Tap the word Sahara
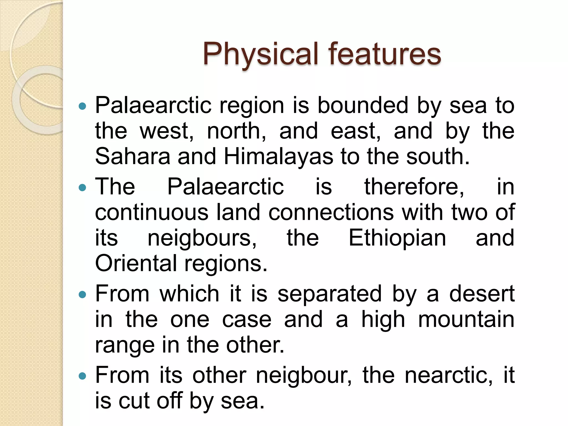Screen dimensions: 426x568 [x=133, y=156]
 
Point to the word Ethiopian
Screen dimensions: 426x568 [x=397, y=238]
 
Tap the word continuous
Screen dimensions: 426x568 [x=151, y=212]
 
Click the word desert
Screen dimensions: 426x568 [x=482, y=294]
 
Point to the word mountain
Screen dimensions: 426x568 [x=466, y=319]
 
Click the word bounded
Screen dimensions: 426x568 [x=363, y=105]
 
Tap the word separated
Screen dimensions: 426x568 [x=329, y=294]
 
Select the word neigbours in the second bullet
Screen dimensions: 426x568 [x=202, y=238]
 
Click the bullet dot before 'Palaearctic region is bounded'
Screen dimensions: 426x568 [x=83, y=106]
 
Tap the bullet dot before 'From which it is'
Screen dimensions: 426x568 [x=83, y=295]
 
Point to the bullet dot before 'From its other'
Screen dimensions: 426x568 [x=83, y=376]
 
